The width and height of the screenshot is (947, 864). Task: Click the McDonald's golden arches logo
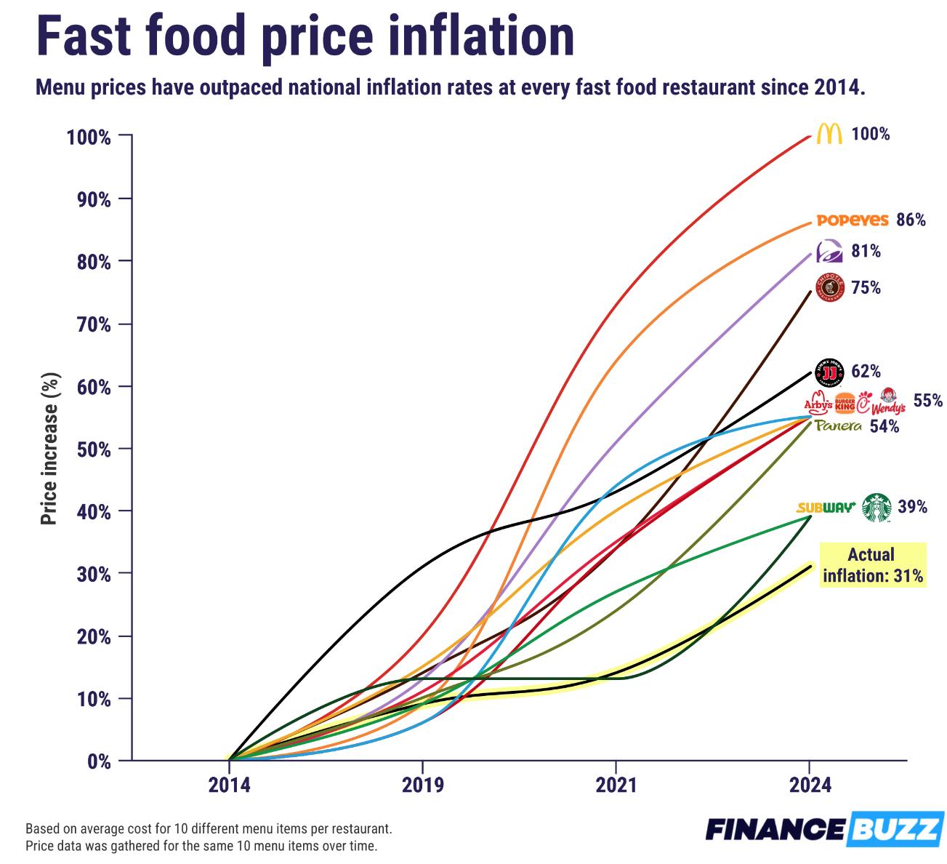tap(829, 134)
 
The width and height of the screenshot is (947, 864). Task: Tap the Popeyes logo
tap(853, 220)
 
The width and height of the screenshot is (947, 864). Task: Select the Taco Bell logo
tap(829, 251)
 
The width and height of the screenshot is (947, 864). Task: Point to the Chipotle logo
tap(830, 287)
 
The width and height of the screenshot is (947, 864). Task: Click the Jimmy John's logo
tap(830, 372)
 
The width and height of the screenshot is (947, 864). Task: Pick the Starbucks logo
tap(877, 508)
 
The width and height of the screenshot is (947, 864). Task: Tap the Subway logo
tap(826, 508)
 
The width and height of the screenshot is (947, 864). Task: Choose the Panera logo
tap(838, 426)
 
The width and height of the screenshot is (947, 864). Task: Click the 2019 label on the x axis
tap(422, 785)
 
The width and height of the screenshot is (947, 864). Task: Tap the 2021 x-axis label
tap(616, 785)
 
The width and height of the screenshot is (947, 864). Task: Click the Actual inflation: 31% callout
tap(873, 565)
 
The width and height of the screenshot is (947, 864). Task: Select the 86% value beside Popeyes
tap(911, 220)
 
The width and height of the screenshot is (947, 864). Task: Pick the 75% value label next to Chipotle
tap(866, 288)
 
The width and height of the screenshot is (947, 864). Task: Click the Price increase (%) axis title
tap(49, 449)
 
